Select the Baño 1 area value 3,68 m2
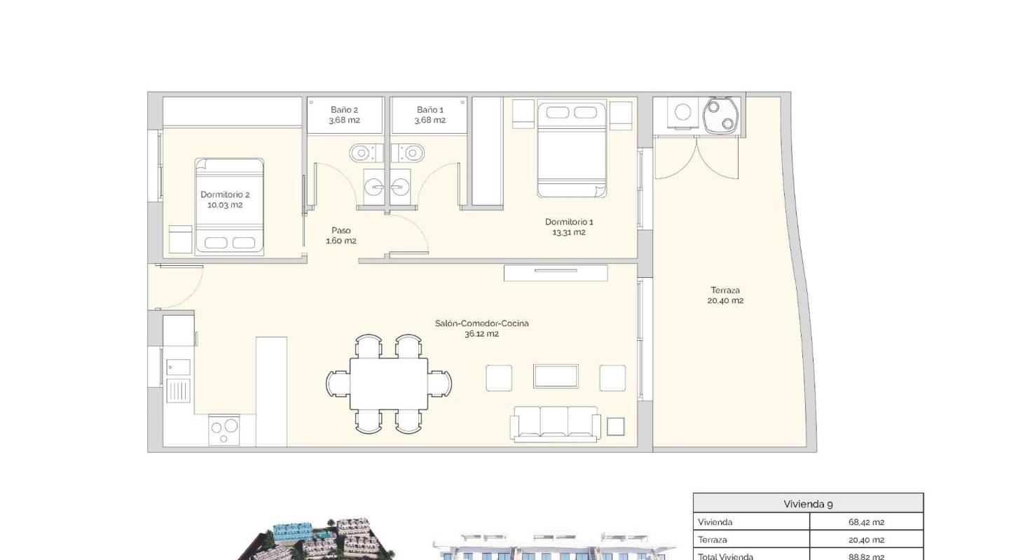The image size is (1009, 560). [x=430, y=120]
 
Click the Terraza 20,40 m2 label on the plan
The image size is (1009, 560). [x=725, y=295]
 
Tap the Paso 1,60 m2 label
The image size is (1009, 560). [x=341, y=235]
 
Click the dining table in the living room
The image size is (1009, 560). [x=389, y=384]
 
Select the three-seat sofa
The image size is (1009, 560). [x=555, y=423]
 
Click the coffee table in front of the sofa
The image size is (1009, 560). [x=556, y=377]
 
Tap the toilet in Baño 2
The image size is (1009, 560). [x=362, y=151]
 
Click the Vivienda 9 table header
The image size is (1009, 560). [x=808, y=503]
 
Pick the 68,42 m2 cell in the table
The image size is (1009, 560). [x=866, y=522]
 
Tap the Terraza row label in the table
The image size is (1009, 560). [x=713, y=540]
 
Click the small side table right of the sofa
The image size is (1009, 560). [x=616, y=426]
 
